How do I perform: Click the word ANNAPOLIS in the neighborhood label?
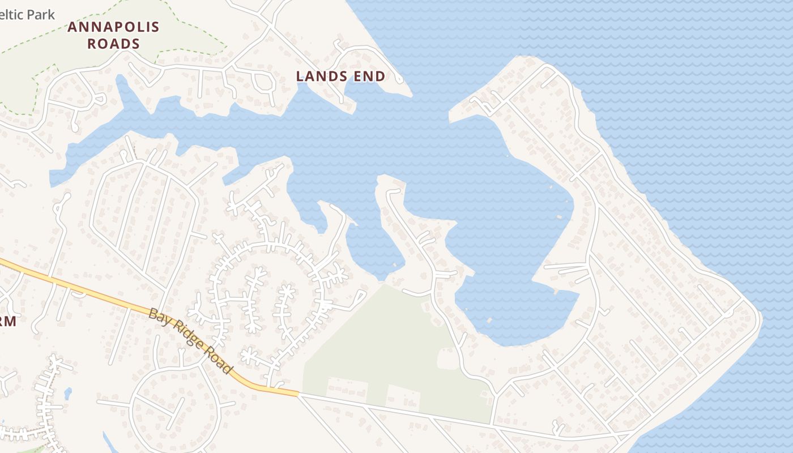[x=113, y=27]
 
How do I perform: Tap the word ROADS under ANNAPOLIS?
[x=113, y=44]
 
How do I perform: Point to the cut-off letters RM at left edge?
[x=7, y=321]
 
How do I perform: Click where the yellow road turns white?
[x=299, y=394]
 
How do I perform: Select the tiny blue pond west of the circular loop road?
[x=68, y=393]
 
